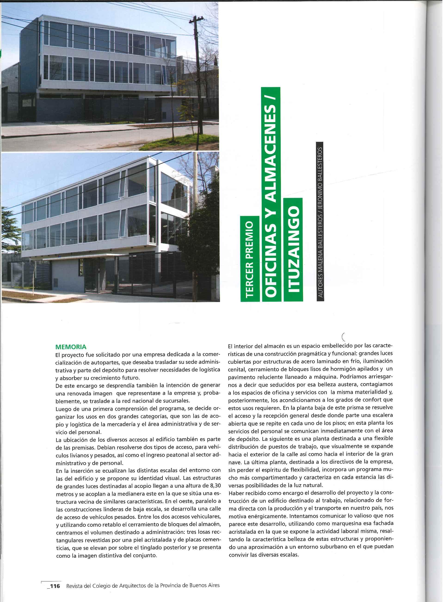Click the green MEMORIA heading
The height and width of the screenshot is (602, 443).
tap(71, 347)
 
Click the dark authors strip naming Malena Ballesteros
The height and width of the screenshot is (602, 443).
tap(320, 222)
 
